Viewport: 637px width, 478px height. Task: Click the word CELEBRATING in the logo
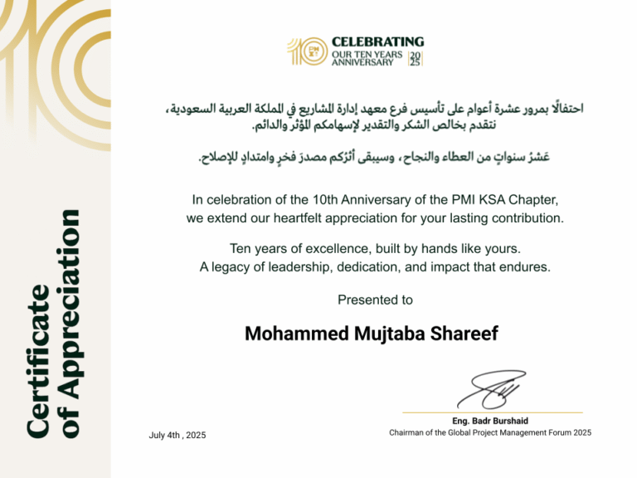(x=377, y=41)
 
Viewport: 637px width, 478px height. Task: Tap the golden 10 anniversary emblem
(x=304, y=51)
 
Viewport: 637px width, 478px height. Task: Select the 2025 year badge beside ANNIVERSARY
(x=416, y=58)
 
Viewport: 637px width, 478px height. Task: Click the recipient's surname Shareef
(x=469, y=334)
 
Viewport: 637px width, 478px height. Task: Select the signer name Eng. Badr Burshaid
(x=490, y=421)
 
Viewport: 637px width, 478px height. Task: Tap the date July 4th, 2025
(x=177, y=435)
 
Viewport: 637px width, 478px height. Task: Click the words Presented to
(x=375, y=300)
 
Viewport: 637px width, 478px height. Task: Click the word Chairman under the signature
(x=409, y=432)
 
